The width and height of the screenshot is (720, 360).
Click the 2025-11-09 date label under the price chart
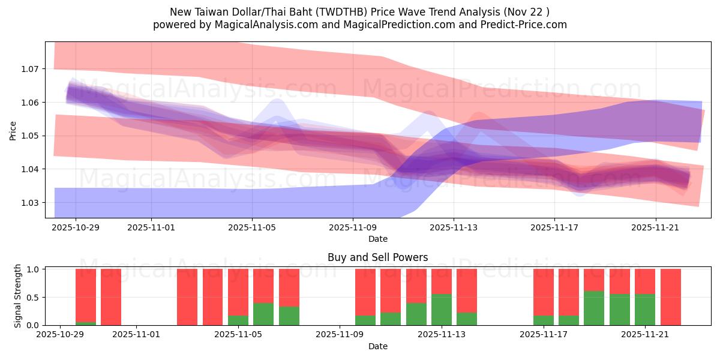coord(353,228)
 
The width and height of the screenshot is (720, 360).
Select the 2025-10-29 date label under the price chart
coord(76,228)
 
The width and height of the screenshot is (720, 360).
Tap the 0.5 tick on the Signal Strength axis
coord(34,298)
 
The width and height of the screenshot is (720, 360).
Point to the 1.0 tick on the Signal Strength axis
coord(34,269)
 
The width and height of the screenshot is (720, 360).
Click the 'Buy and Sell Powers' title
coord(377,257)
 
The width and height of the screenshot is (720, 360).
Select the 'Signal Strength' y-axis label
coord(18,296)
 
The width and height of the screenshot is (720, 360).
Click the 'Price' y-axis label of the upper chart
coord(13,130)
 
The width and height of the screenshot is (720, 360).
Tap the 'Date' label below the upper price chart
coord(377,239)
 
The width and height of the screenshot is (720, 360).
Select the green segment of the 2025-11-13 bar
coord(442,310)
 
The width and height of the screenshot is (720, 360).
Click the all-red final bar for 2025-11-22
coord(670,297)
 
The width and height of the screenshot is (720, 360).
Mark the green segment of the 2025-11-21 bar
coord(645,310)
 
